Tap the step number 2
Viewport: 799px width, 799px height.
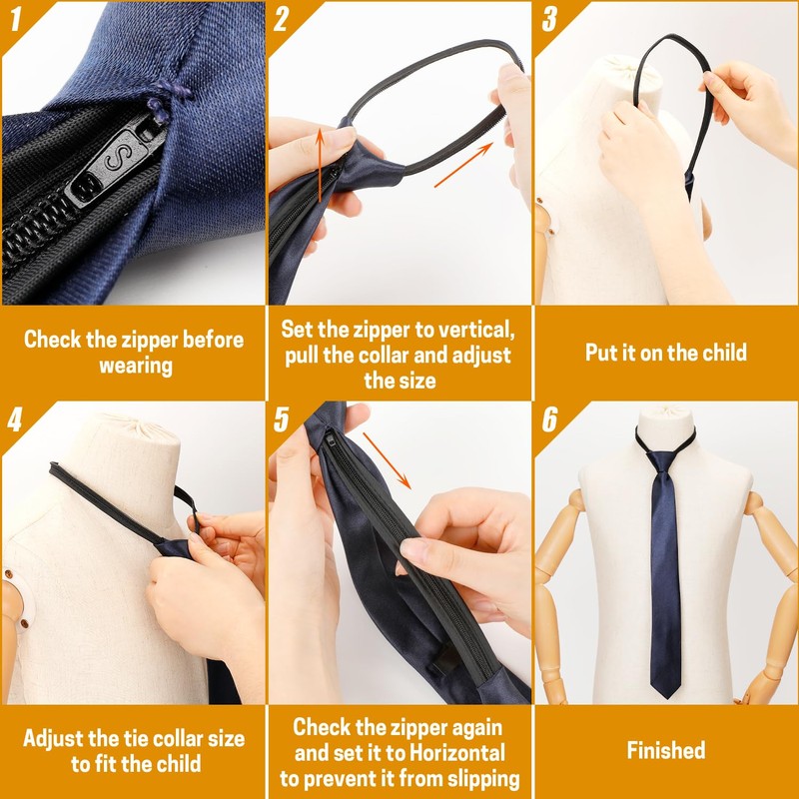(x=282, y=19)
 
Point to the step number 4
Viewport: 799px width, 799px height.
(x=14, y=418)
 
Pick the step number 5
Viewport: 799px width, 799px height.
(x=282, y=418)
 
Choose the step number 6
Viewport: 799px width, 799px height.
(x=549, y=419)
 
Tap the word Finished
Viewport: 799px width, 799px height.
(x=666, y=750)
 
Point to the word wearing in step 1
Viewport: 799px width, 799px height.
(x=135, y=366)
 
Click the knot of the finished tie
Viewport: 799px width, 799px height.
(x=660, y=460)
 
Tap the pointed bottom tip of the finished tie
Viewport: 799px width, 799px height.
(x=664, y=696)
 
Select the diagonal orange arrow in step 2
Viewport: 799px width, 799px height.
(x=464, y=165)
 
